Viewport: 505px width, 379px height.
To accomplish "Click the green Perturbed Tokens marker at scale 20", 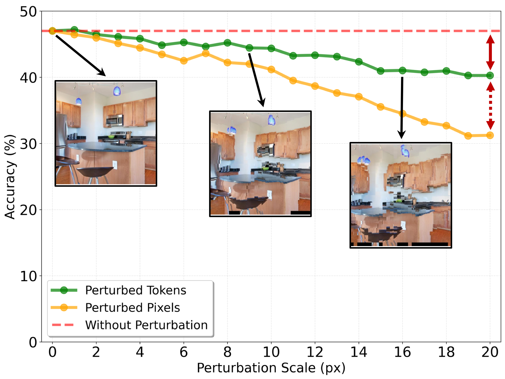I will (490, 75).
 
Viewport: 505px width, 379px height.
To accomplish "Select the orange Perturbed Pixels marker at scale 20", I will (490, 135).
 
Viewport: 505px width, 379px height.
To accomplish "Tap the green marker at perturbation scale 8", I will (227, 43).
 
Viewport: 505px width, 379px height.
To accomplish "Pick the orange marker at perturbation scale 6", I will (184, 61).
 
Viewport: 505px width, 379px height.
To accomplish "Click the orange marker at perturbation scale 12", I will (315, 86).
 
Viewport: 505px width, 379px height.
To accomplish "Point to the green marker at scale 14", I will (359, 62).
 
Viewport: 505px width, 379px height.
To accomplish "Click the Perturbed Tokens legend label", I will (136, 290).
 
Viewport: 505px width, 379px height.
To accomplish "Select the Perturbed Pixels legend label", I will (133, 308).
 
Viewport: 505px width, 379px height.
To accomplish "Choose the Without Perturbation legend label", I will (146, 325).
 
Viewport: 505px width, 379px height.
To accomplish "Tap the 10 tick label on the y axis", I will (28, 276).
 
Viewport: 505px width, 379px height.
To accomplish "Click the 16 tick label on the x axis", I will (402, 352).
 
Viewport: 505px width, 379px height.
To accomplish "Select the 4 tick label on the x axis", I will (140, 352).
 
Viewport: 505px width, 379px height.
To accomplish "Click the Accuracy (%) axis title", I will (10, 177).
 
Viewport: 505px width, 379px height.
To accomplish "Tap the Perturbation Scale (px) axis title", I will (271, 368).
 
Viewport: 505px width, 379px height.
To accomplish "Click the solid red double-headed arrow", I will (490, 52).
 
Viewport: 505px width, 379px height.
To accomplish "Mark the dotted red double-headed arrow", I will (490, 106).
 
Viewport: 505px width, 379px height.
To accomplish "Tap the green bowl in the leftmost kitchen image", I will (111, 137).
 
